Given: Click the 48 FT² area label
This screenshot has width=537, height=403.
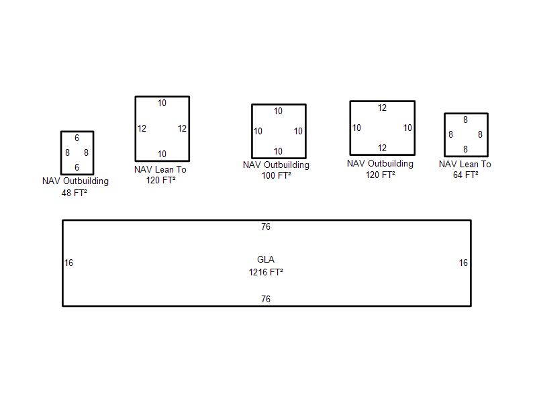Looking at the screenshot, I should [75, 193].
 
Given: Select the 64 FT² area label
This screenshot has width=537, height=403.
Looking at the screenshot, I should [465, 175].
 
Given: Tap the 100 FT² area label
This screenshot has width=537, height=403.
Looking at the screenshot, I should [276, 175].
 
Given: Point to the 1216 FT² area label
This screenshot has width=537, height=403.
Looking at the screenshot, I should [266, 272].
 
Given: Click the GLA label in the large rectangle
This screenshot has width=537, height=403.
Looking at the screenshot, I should [266, 259].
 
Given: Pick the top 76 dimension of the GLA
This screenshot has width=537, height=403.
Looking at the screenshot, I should [266, 227].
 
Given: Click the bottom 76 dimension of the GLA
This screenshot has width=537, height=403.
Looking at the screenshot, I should [266, 299].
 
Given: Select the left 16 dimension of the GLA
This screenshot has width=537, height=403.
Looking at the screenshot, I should [68, 263].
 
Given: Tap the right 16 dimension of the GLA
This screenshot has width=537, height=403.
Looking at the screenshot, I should [463, 263].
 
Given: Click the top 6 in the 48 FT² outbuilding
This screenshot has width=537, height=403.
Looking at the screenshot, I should [77, 138].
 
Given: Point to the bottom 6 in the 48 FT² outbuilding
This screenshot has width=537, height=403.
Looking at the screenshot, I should [77, 167].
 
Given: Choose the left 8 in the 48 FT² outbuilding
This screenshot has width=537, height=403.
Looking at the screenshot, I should [67, 153].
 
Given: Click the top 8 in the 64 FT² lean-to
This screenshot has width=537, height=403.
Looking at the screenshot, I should [465, 120].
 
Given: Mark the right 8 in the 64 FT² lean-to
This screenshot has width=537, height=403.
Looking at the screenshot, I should [480, 135].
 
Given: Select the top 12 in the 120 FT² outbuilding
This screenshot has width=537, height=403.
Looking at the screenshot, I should [382, 108].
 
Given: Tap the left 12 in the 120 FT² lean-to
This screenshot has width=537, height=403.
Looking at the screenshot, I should [142, 128].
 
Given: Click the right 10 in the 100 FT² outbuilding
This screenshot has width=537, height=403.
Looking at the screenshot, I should [298, 131].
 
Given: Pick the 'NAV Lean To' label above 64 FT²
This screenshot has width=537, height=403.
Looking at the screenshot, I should [465, 164].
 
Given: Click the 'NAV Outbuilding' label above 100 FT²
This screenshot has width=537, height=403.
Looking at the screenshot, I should [276, 165].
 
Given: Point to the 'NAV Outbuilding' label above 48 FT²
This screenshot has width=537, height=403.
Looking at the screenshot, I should [75, 181].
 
